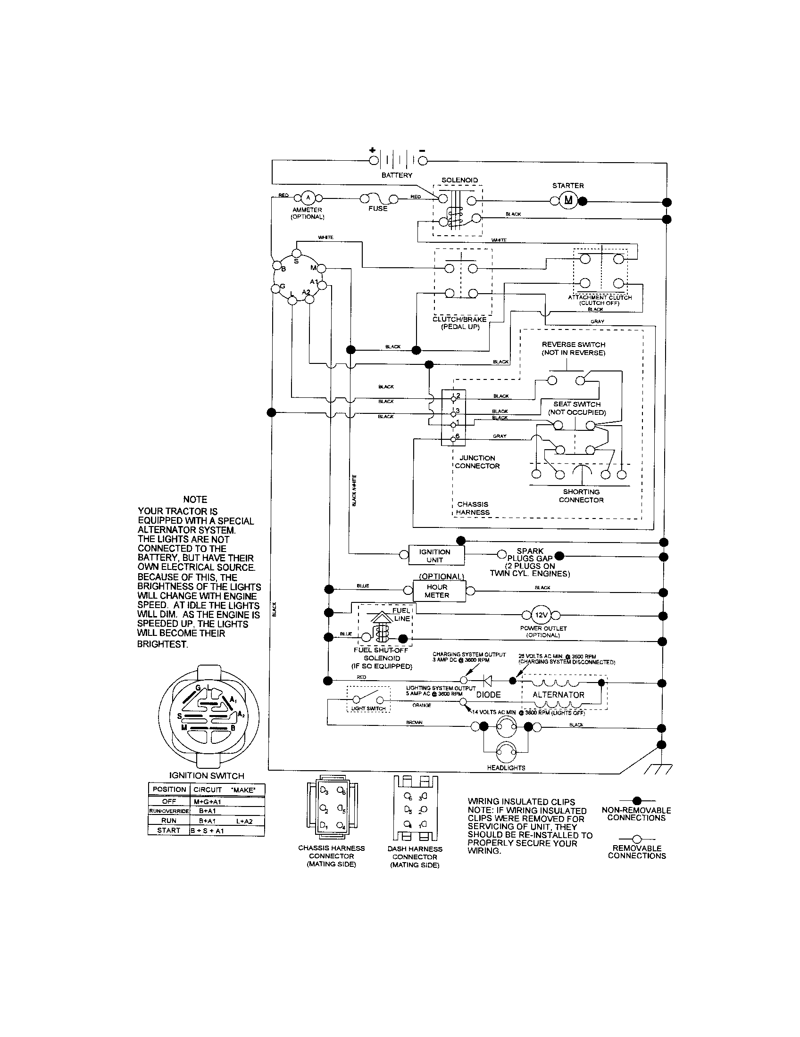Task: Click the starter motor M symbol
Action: tap(568, 201)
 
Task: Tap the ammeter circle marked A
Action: tap(308, 198)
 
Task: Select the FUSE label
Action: tap(378, 209)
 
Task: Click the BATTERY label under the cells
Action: tap(397, 175)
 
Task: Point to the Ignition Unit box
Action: tap(436, 556)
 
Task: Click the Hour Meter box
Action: tap(437, 591)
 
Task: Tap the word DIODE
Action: tap(488, 695)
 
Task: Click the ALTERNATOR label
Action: tap(558, 695)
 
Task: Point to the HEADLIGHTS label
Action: tap(506, 768)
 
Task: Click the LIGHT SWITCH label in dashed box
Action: tap(368, 708)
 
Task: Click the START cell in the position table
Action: tap(169, 831)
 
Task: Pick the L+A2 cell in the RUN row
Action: tap(244, 821)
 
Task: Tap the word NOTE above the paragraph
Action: tap(195, 500)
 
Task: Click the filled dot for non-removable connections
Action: tap(637, 800)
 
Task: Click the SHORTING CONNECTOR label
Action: tap(581, 496)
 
